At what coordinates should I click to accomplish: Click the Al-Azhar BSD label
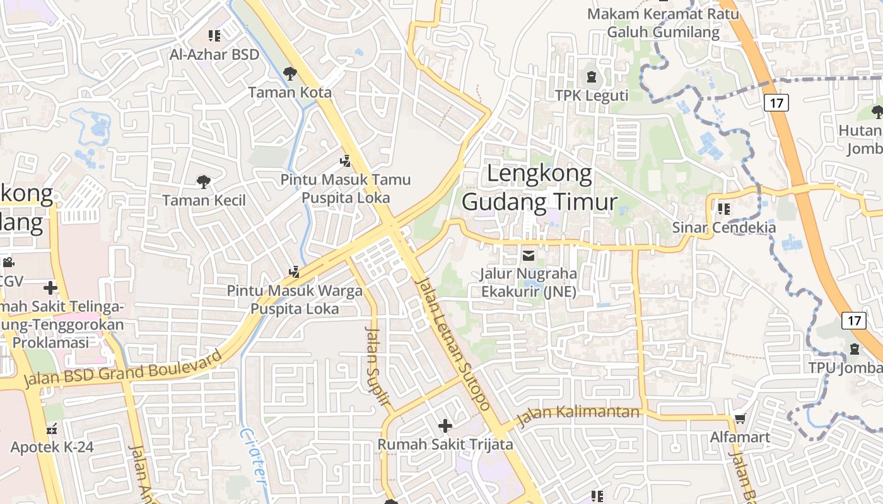coord(214,54)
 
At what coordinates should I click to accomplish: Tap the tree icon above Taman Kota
coord(289,74)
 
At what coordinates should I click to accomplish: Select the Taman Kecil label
coord(204,200)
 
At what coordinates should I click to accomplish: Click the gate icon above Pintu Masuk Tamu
coord(345,161)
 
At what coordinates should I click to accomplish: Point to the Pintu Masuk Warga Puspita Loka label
coord(295,300)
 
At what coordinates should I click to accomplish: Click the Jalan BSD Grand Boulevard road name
coord(123,369)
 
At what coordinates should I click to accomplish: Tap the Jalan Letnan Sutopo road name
coord(453,345)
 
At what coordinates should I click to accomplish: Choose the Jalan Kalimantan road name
coord(578,414)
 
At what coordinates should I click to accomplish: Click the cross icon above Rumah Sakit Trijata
coord(445,426)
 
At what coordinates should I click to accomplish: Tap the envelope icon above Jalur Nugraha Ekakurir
coord(529,256)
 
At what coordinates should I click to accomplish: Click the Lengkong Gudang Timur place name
coord(539,188)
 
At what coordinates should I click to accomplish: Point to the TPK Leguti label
coord(592,95)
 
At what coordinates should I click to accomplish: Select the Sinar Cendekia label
coord(724,227)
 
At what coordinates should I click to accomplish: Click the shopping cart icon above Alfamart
coord(740,419)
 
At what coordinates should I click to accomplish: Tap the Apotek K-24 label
coord(52,447)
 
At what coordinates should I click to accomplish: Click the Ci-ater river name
coord(254,457)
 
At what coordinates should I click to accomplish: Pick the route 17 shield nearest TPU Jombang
coord(854,320)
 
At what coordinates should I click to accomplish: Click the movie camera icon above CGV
coord(8,262)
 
